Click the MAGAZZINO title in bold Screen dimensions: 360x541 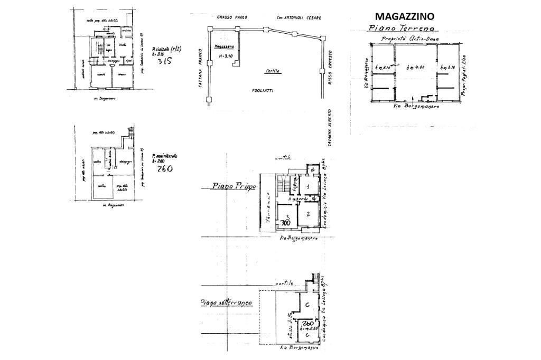[x=404, y=16]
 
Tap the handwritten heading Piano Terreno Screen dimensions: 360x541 [x=403, y=28]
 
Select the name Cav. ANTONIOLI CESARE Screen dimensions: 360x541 [x=299, y=17]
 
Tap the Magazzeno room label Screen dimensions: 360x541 [x=224, y=46]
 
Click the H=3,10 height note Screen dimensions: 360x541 [x=224, y=56]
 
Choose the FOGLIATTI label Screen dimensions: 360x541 [x=262, y=91]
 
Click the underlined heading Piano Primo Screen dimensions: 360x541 [x=234, y=186]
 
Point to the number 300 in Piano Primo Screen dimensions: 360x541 [x=286, y=223]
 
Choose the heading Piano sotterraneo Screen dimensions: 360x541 [x=226, y=302]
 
